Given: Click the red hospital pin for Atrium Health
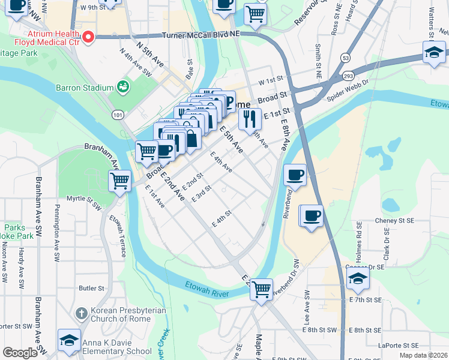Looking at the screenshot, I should click(x=88, y=38).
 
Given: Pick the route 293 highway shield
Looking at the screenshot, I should click(x=348, y=76).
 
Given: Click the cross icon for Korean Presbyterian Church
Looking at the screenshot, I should click(x=81, y=313).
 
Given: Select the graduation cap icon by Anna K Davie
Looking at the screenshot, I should click(x=70, y=340).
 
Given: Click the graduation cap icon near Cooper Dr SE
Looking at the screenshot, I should click(x=358, y=278).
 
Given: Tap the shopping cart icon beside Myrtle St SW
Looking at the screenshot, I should click(x=120, y=179).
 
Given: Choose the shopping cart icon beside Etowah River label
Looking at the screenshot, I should click(x=261, y=289).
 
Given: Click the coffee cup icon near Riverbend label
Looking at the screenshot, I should click(x=295, y=175).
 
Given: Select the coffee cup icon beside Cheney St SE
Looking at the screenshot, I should click(x=311, y=215).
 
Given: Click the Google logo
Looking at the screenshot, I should click(x=20, y=353).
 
